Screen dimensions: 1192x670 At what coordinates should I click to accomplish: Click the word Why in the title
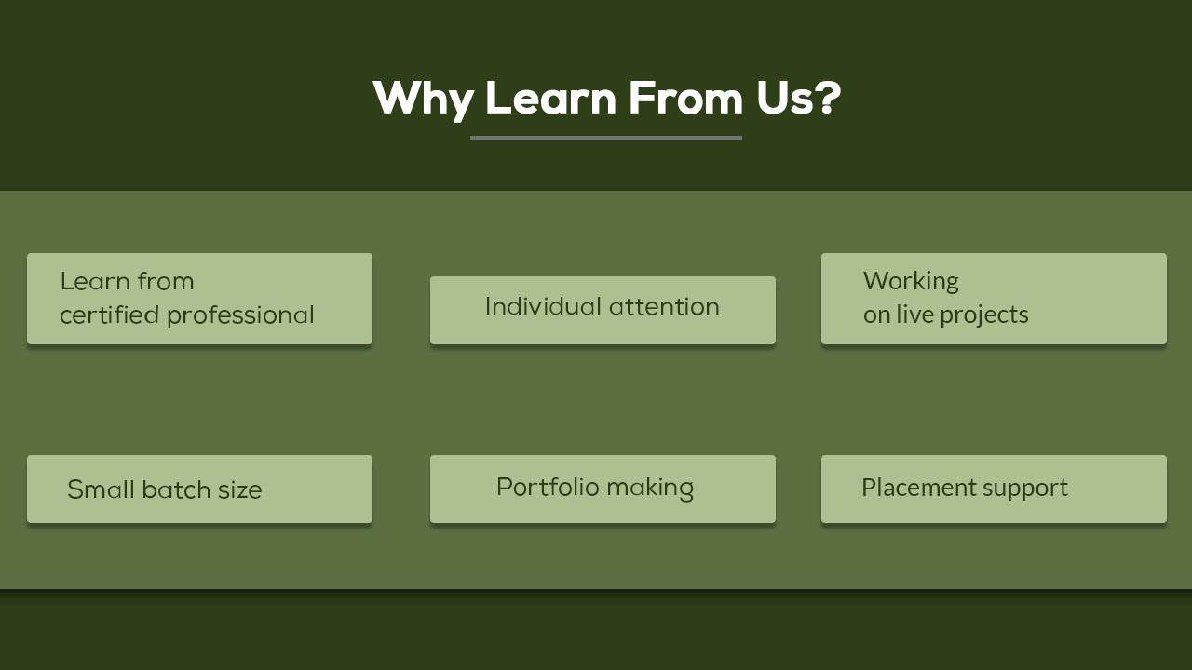pos(424,100)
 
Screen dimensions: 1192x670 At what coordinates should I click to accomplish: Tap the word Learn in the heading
pos(550,98)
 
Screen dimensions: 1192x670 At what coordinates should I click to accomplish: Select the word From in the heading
pos(685,98)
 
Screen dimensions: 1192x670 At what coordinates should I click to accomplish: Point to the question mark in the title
pos(826,98)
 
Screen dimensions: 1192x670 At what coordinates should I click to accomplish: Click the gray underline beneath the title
pos(606,138)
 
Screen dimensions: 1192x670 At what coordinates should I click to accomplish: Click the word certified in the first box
pos(110,315)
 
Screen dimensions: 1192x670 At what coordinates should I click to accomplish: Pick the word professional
pos(240,315)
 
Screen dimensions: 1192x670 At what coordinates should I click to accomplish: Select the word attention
pos(665,307)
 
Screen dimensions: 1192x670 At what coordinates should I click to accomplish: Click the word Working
pos(911,282)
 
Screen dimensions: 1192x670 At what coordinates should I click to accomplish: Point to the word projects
pos(984,315)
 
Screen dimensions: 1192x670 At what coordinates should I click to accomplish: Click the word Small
pos(101,489)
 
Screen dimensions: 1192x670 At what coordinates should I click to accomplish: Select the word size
pos(240,490)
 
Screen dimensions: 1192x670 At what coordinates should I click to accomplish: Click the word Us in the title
pos(783,99)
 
